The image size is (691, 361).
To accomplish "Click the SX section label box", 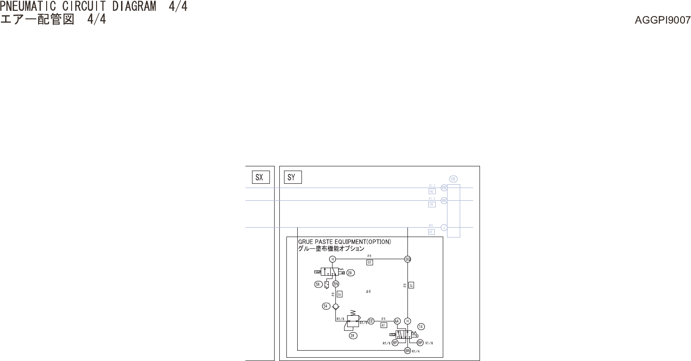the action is (259, 178).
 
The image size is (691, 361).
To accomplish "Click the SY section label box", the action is (291, 178).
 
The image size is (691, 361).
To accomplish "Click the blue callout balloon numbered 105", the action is (453, 179).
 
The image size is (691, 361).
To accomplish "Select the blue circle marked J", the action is (444, 228).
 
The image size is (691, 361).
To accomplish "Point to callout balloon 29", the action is (350, 272).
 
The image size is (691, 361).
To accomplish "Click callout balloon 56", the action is (318, 284).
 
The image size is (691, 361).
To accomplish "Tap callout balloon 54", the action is (325, 306).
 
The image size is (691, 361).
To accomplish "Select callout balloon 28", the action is (352, 336).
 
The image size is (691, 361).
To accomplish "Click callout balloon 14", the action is (421, 326).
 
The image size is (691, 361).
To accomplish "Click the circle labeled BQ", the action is (408, 259).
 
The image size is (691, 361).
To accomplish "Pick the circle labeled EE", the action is (371, 321).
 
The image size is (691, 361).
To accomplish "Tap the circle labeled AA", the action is (397, 321).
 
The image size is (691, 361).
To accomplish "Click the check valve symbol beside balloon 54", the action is (335, 306).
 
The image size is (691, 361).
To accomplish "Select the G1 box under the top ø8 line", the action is (369, 263).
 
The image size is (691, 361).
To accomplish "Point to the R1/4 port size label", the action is (416, 351).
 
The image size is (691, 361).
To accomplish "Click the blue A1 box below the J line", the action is (431, 232).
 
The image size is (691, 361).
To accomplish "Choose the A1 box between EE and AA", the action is (383, 325).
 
